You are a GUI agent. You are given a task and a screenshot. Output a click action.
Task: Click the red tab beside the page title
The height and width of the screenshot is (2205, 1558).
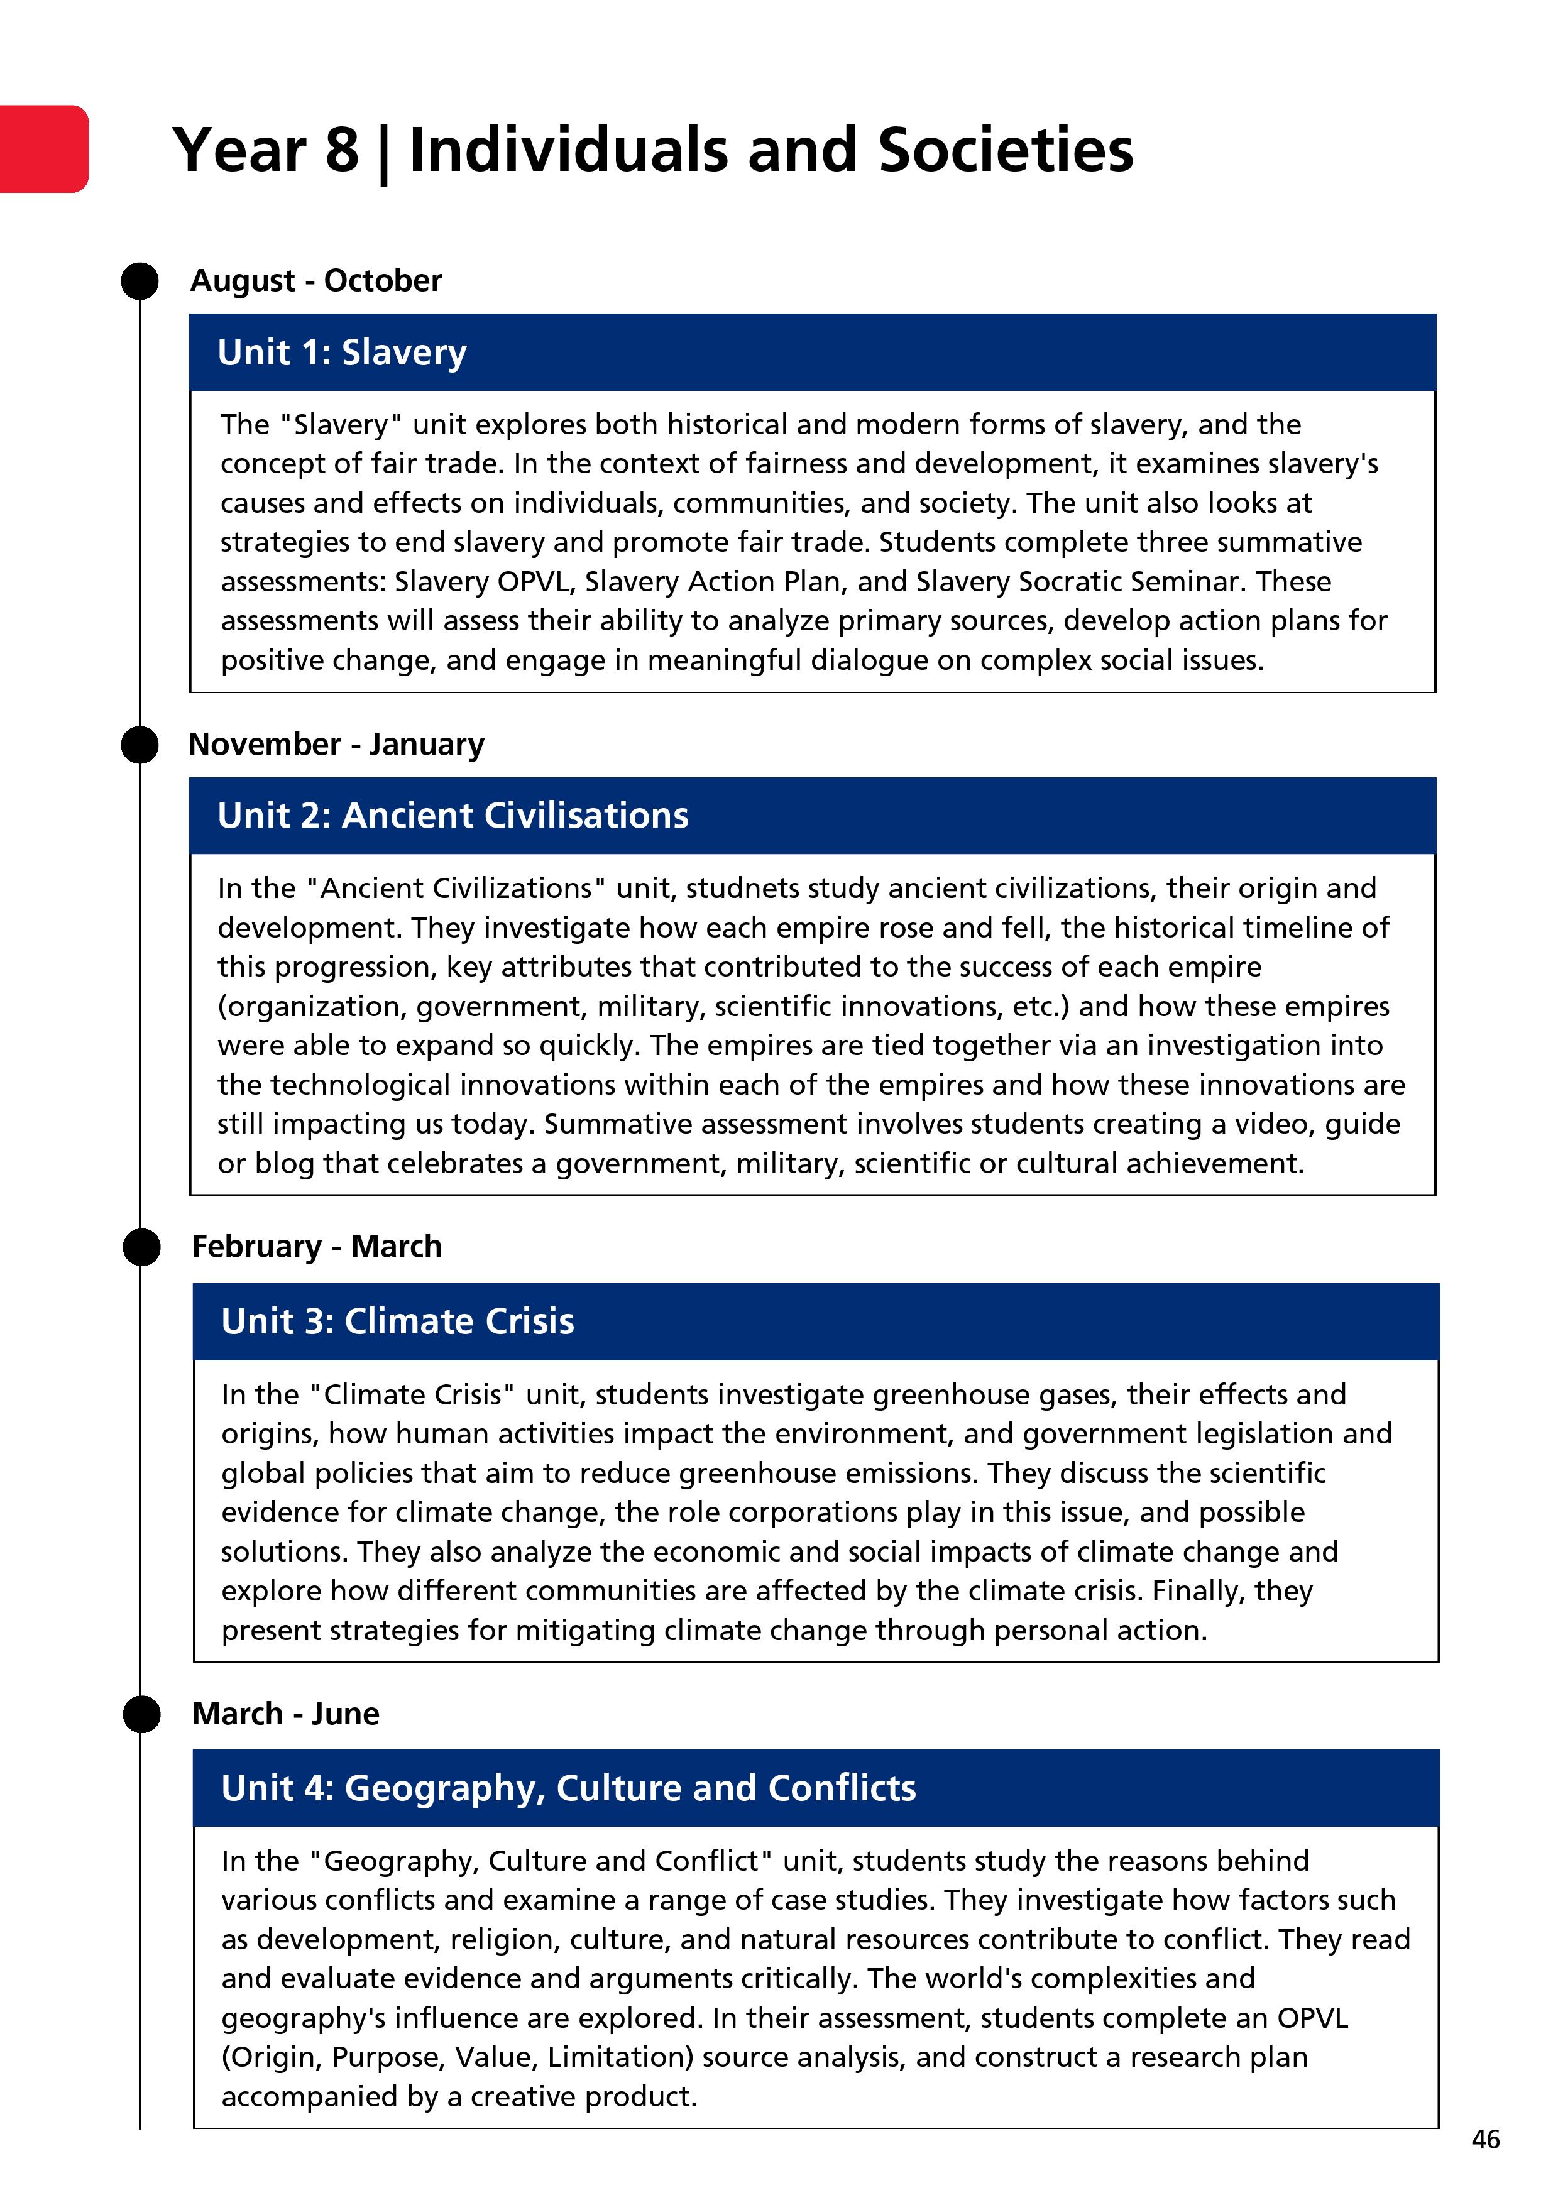click(x=43, y=149)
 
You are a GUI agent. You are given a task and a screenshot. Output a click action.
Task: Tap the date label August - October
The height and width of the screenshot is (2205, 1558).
click(x=316, y=280)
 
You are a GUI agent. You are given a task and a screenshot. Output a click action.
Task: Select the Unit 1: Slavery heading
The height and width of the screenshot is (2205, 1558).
click(x=342, y=353)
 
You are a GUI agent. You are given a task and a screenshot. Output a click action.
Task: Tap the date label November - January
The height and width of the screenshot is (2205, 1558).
click(x=336, y=744)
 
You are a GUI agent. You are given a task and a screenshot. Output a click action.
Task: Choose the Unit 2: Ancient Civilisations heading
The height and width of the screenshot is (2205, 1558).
click(x=453, y=816)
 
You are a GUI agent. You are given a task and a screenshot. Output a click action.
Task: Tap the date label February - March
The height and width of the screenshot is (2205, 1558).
click(x=317, y=1247)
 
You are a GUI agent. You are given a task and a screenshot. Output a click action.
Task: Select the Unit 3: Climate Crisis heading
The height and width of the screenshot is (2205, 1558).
click(x=398, y=1321)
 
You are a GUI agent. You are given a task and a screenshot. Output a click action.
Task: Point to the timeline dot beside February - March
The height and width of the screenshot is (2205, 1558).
click(x=142, y=1247)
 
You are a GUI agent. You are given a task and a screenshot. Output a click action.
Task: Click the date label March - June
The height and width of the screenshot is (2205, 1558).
click(x=285, y=1714)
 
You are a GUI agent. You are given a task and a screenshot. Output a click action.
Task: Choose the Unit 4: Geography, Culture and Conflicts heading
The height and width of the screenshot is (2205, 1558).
click(x=569, y=1788)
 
